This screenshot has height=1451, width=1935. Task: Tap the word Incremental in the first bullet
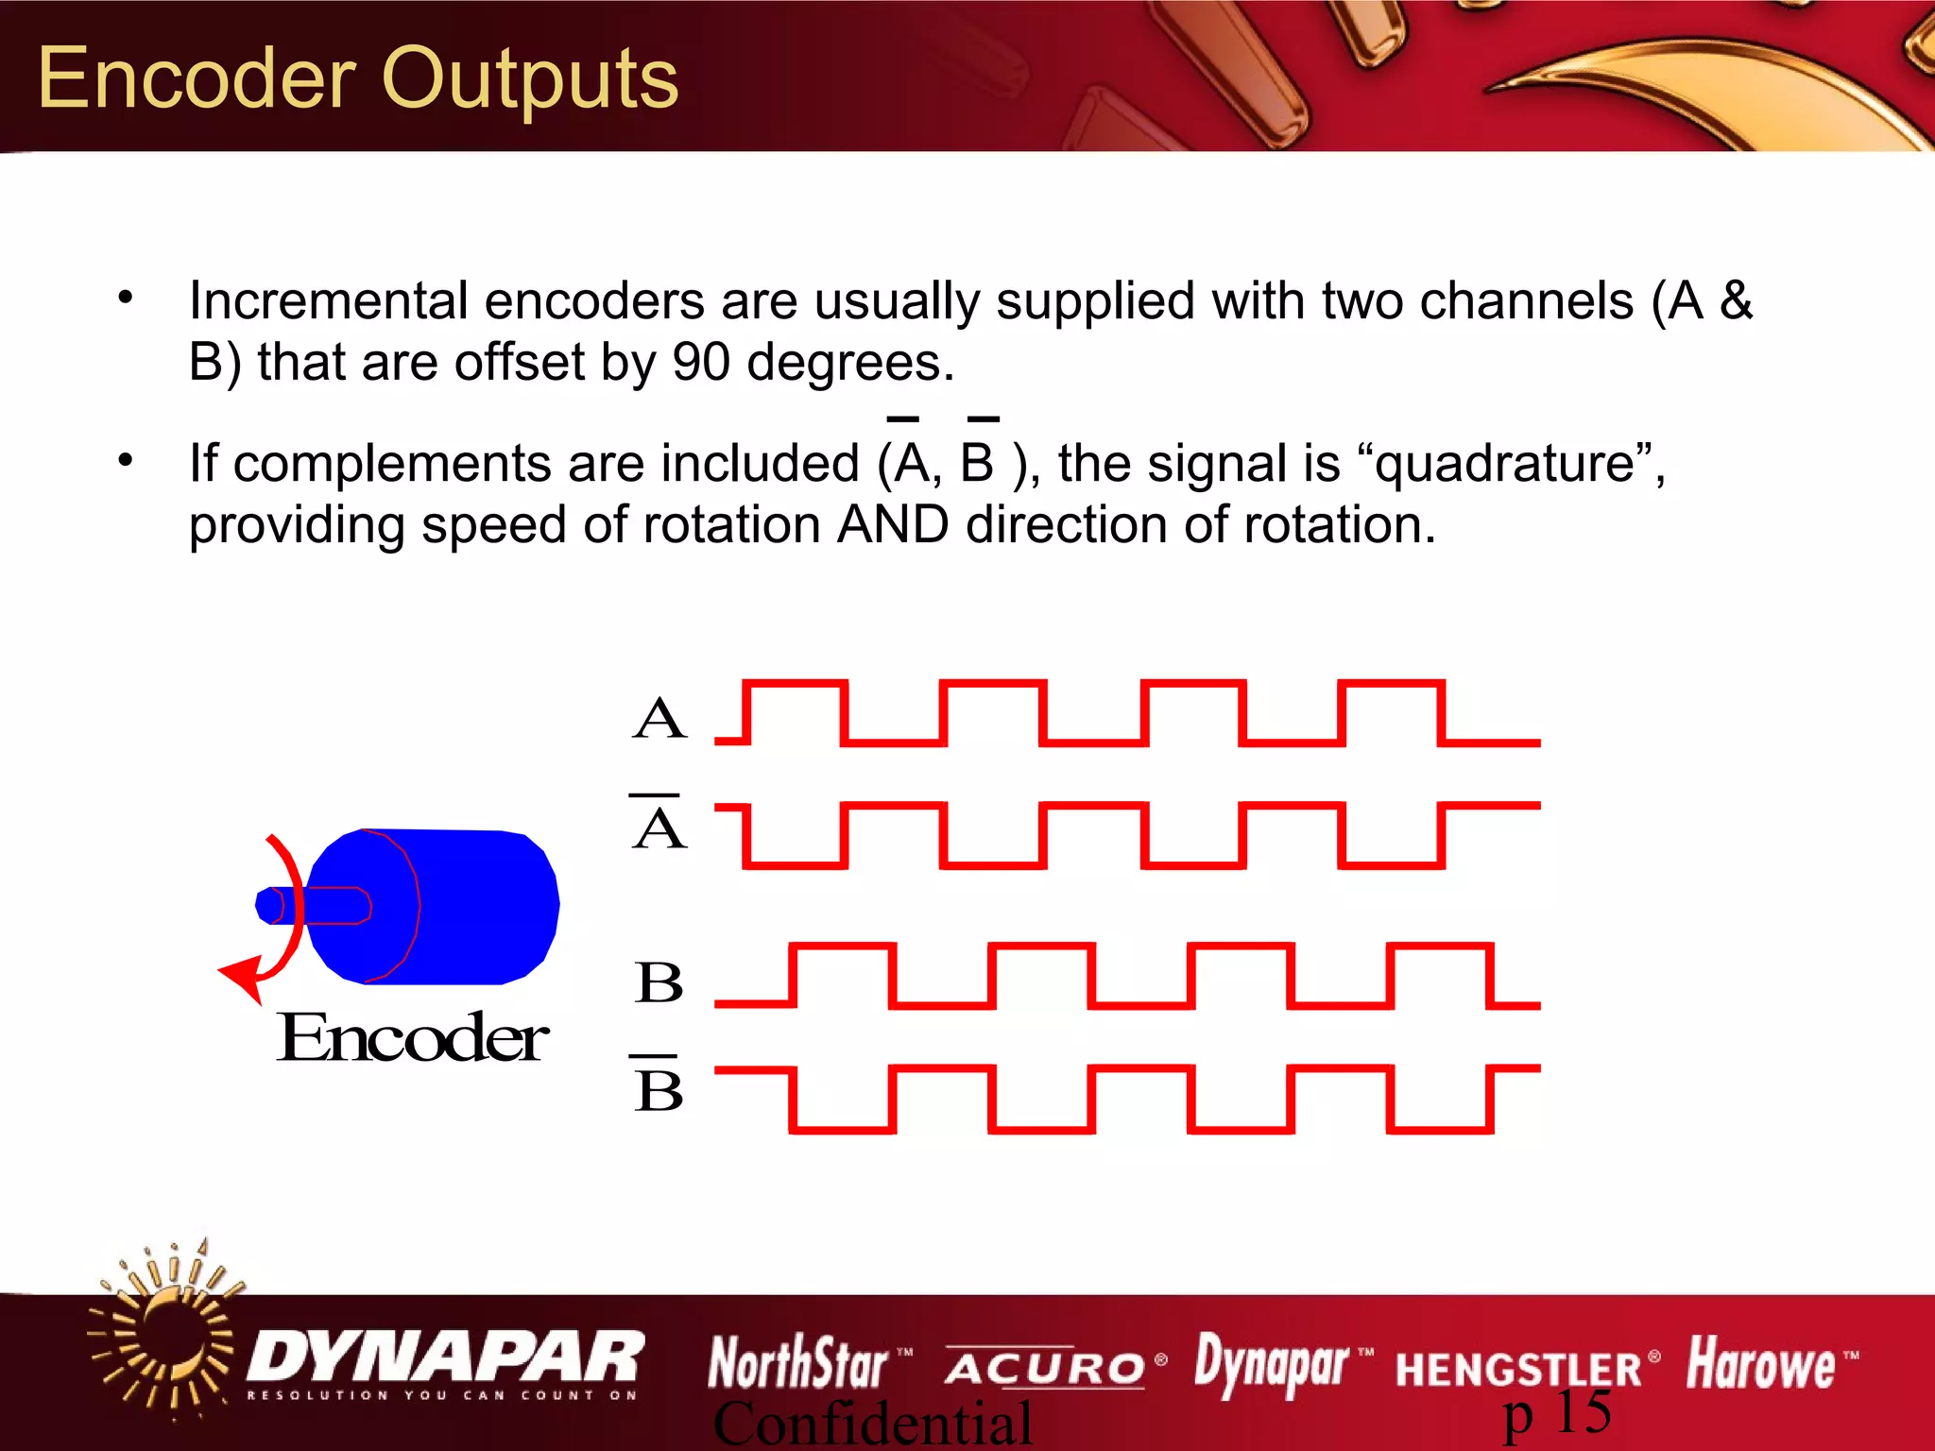coord(328,301)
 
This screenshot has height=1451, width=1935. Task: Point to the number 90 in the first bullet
coord(701,362)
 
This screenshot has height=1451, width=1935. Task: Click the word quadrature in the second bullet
coord(1504,464)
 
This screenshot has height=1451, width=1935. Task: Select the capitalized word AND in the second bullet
coord(893,524)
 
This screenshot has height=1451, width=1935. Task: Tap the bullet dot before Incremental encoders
coord(126,299)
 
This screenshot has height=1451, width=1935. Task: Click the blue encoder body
coord(472,907)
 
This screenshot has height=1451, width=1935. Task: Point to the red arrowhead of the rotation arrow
coord(244,977)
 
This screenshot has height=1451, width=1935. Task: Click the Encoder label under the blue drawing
coord(412,1038)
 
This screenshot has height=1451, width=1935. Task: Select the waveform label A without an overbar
coord(659,719)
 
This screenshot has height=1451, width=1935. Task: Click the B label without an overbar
coord(659,982)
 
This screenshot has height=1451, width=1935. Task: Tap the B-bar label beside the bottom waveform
coord(659,1089)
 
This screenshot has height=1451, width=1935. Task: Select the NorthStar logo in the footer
coord(798,1363)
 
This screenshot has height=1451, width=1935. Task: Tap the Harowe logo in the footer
coord(1760,1364)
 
